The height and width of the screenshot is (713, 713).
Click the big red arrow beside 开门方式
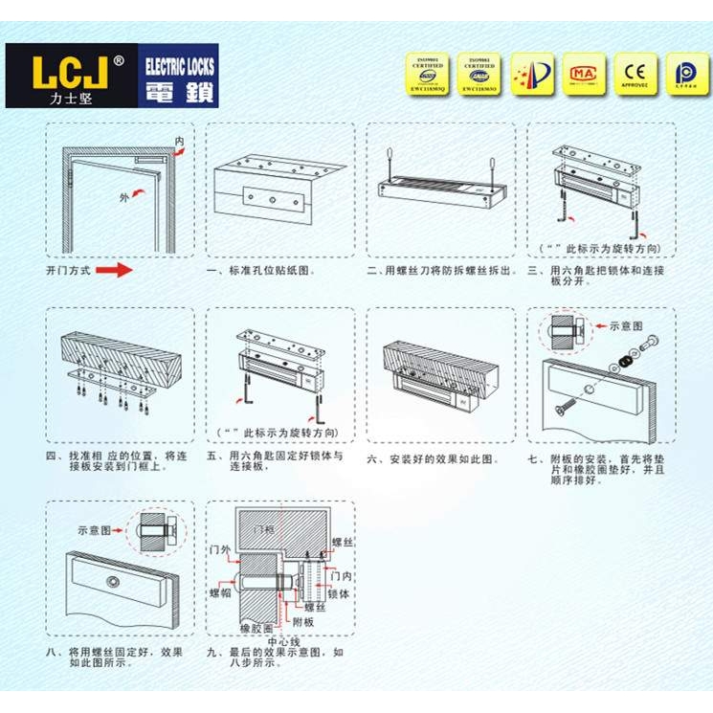pos(114,271)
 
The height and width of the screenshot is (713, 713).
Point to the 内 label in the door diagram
pos(179,142)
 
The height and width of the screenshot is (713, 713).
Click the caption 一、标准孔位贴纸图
pos(260,271)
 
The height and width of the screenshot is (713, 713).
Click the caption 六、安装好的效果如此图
pos(434,458)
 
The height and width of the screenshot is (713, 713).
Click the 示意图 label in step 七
pos(627,324)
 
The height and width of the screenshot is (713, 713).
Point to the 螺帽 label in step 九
pos(220,593)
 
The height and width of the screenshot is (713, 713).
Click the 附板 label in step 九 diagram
pos(302,621)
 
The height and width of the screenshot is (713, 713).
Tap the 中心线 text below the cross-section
pos(283,641)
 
